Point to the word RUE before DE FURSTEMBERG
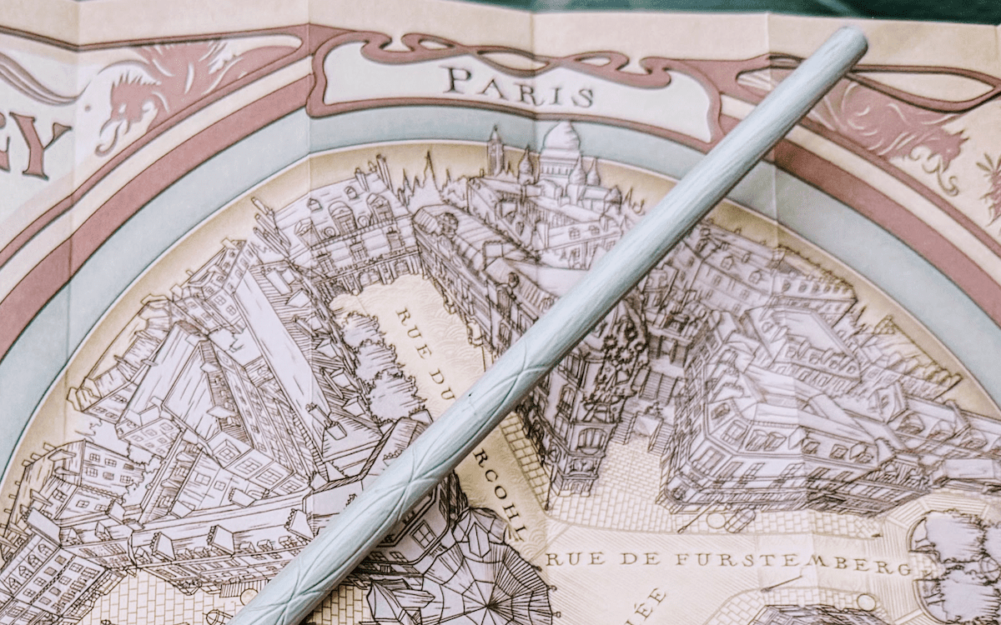[567, 557]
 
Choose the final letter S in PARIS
[583, 97]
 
